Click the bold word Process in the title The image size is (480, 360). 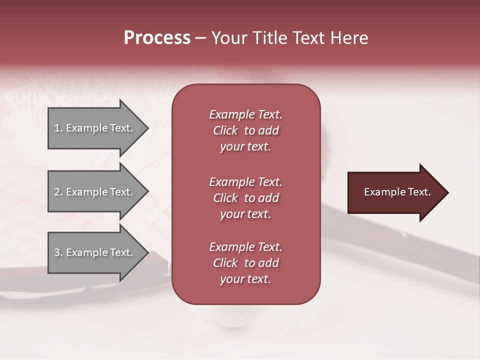(x=157, y=38)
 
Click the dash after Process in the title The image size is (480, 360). (x=201, y=38)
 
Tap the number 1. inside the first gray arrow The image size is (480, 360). (x=58, y=128)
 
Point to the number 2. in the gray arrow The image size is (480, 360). (x=58, y=192)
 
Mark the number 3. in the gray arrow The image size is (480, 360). (x=58, y=252)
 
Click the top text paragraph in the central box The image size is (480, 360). (x=246, y=130)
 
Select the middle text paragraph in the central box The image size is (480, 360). (x=246, y=198)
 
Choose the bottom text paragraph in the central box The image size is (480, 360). (x=246, y=263)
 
